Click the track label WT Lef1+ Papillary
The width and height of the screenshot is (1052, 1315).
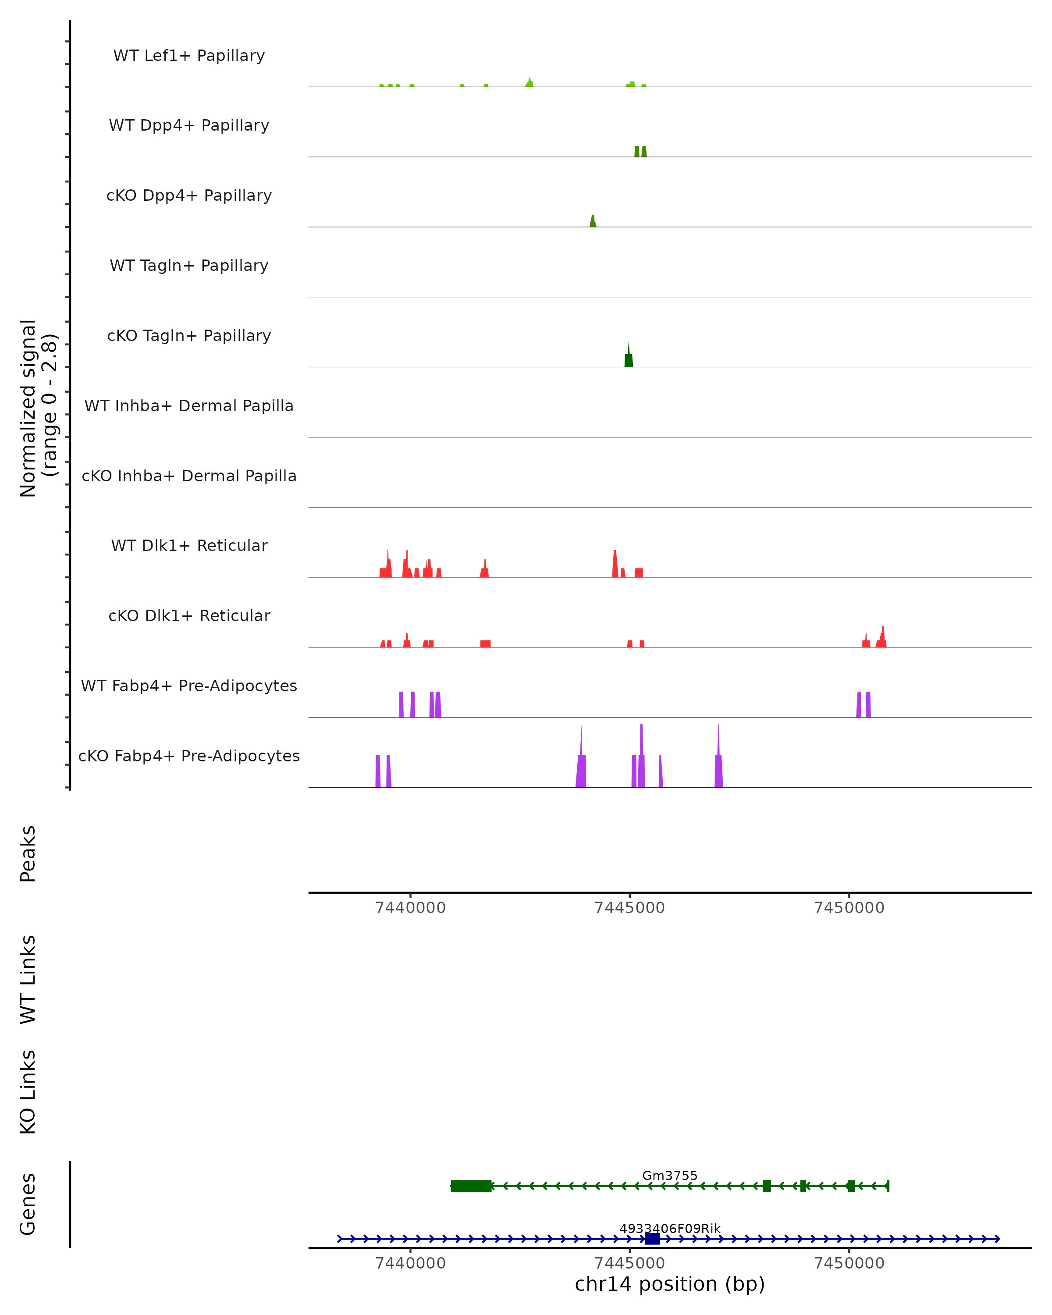pos(189,56)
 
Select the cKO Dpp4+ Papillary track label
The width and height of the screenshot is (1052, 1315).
pos(189,196)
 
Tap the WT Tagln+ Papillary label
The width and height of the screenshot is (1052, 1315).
pos(189,266)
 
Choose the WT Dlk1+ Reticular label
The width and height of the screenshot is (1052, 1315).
pos(189,546)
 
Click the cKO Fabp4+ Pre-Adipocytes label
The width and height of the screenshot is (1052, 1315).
pos(189,756)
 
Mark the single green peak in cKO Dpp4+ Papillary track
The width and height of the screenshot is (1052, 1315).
pos(593,222)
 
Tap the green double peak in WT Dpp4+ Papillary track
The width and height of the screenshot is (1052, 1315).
pos(640,152)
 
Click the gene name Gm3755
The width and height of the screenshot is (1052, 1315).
pos(670,1176)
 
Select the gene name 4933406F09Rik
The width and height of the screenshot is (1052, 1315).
pos(670,1229)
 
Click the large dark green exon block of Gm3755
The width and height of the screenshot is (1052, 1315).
pos(471,1186)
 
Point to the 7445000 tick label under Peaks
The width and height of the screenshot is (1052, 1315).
pos(629,908)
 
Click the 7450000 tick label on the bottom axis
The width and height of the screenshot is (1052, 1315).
pos(849,1264)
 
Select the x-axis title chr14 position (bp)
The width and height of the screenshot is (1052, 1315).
pos(670,1284)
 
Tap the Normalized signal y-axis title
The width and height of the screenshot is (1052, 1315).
pos(38,408)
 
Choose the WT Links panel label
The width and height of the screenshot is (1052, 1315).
pos(28,980)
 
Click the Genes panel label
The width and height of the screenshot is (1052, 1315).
pos(28,1204)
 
